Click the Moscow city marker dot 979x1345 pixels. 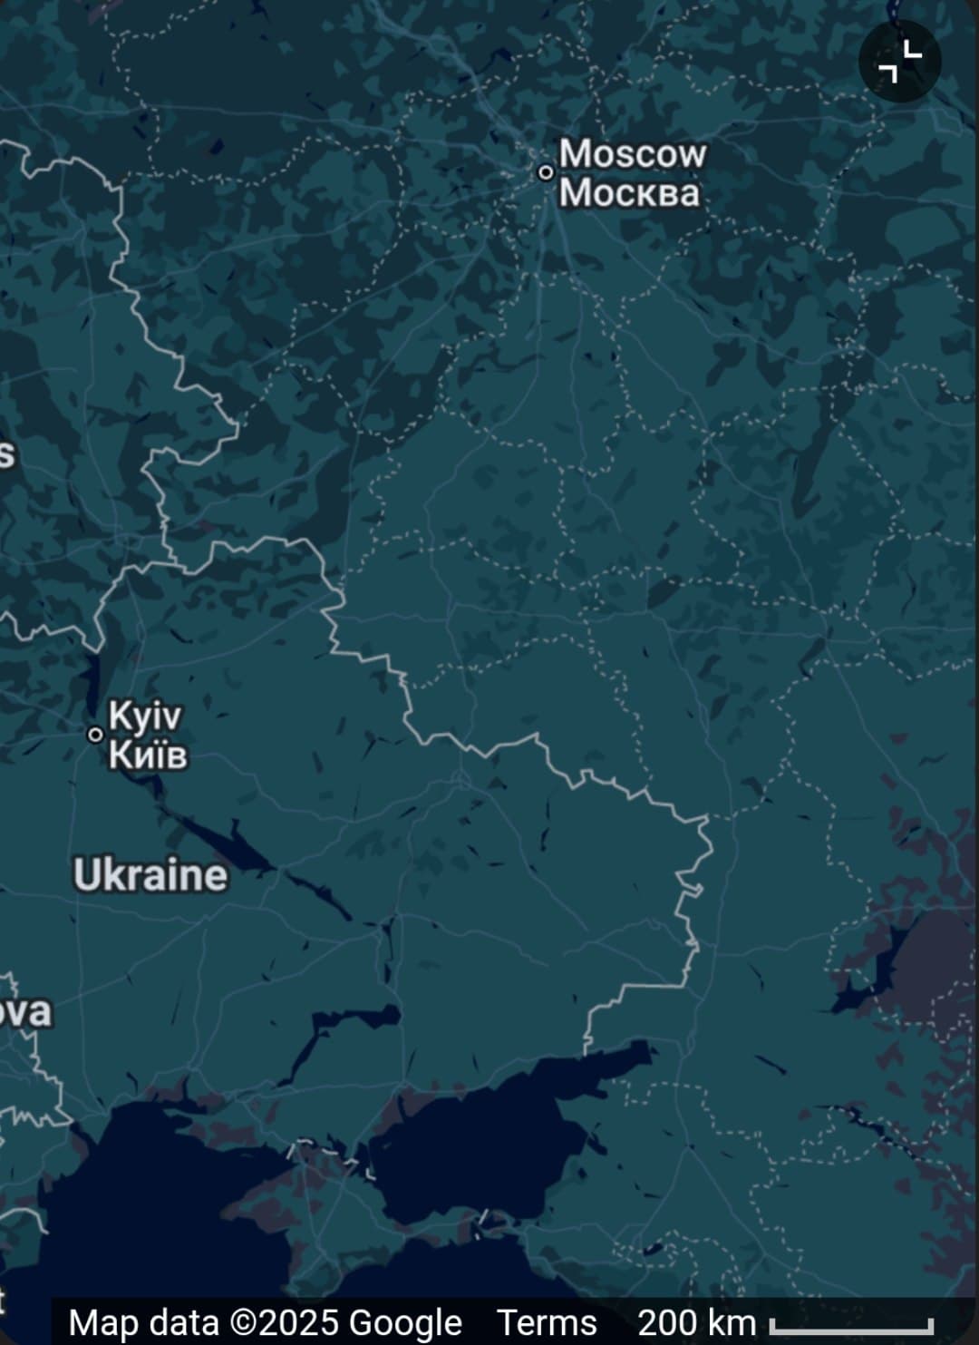pos(546,171)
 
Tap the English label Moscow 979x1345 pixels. pos(632,153)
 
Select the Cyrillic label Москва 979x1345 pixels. pos(629,192)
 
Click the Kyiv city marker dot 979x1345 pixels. pos(95,734)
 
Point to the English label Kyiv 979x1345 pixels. pos(145,716)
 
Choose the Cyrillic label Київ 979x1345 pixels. pos(148,754)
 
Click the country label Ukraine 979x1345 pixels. pos(150,875)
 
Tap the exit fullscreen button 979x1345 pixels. pos(900,62)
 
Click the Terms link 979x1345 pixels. pos(547,1322)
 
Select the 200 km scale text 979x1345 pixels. pos(696,1322)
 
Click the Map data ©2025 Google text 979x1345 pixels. pos(265,1322)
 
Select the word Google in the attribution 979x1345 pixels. pos(405,1322)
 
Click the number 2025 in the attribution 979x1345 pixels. pos(301,1322)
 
